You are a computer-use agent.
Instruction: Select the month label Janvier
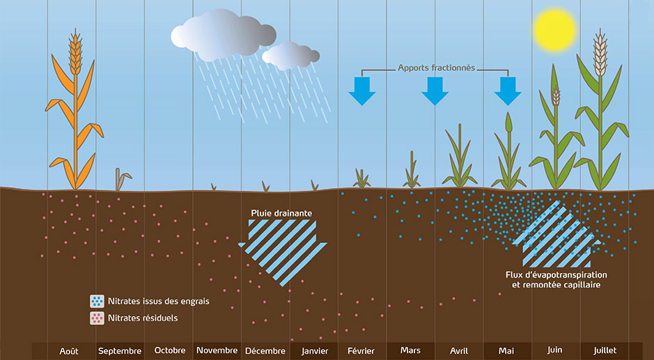315,350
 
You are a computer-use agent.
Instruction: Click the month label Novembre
217,350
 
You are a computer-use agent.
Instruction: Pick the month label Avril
459,350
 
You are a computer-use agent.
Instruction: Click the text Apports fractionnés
436,68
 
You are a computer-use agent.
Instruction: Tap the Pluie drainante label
281,212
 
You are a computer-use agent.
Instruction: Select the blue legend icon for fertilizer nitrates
97,302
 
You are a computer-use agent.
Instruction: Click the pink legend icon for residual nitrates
97,318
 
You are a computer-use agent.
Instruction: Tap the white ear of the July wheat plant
599,52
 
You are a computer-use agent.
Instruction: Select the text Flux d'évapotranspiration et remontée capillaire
554,280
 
